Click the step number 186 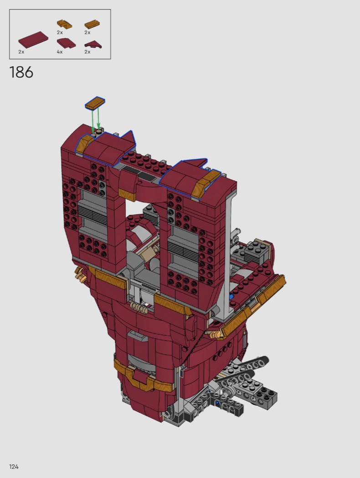click(x=21, y=72)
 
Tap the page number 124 click(x=14, y=467)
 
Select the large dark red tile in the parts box click(x=33, y=40)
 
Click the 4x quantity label click(x=60, y=52)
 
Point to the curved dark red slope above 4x click(x=66, y=44)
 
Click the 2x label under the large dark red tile click(x=21, y=52)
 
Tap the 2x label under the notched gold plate click(x=60, y=32)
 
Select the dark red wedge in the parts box click(x=93, y=45)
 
